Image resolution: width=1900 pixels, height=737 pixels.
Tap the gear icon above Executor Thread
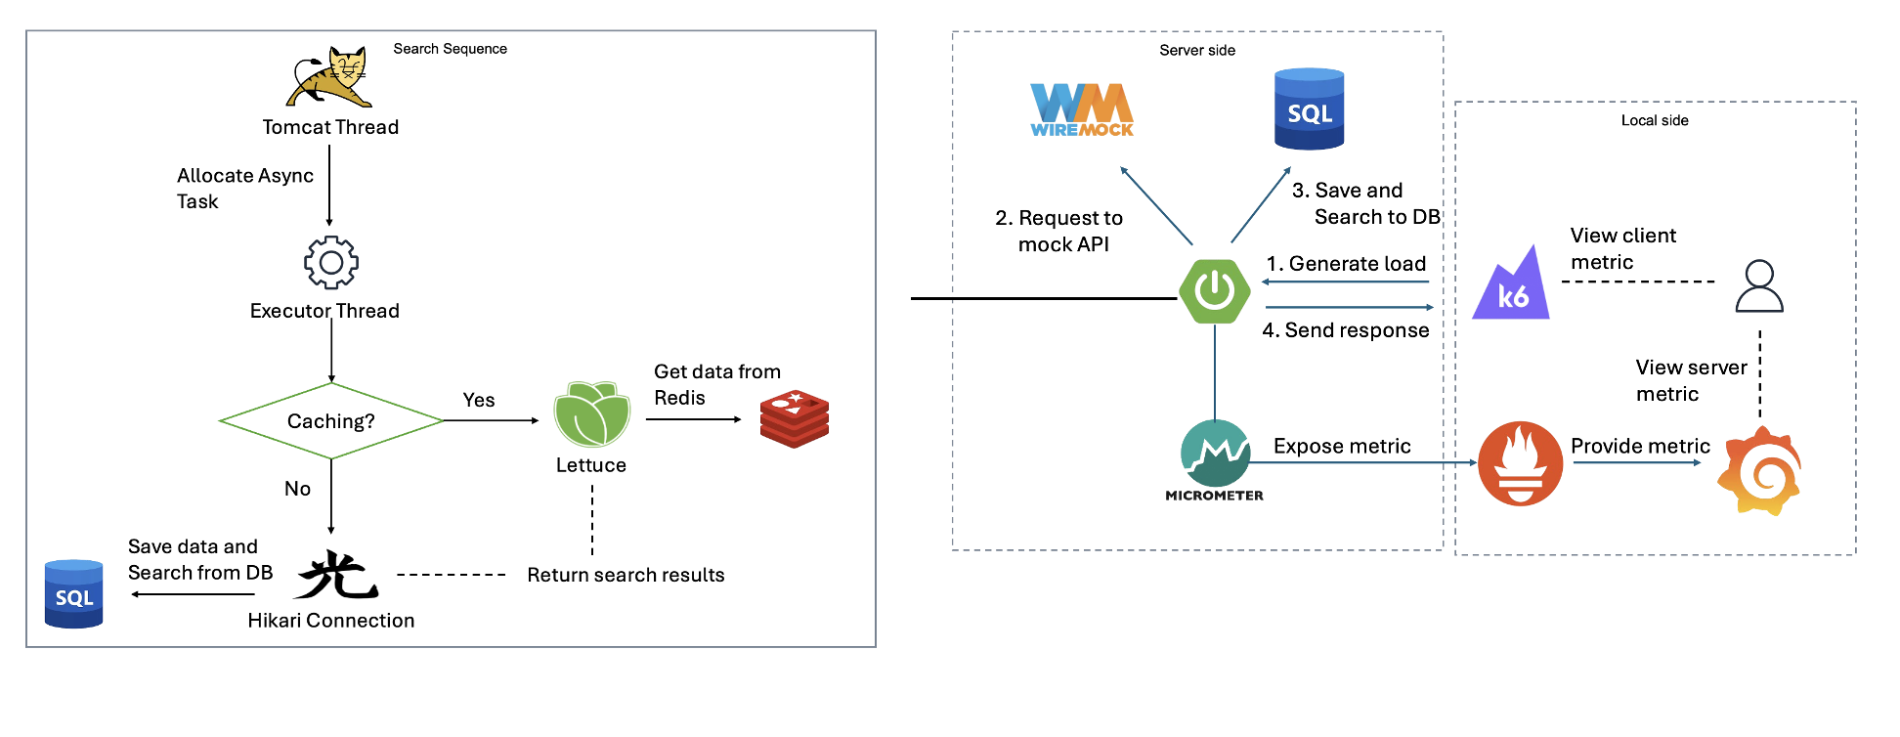(331, 262)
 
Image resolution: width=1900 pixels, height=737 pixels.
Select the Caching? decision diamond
(331, 421)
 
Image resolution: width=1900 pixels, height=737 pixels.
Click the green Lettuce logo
(591, 414)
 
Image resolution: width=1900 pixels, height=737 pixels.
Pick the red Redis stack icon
(794, 418)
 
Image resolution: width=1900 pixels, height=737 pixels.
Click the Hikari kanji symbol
(337, 575)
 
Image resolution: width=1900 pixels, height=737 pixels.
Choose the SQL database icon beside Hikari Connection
(74, 593)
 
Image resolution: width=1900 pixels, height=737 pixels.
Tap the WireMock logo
(1082, 109)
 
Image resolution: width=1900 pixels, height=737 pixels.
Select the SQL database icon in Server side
(1310, 109)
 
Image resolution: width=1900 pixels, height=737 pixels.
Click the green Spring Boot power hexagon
(1215, 290)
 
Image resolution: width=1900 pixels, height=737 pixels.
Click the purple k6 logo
(1511, 285)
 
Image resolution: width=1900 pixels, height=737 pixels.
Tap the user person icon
(1759, 285)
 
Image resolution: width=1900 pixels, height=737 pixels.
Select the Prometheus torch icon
(1520, 462)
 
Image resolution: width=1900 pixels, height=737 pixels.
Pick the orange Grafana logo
(1760, 471)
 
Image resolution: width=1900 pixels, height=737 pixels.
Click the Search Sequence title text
(450, 49)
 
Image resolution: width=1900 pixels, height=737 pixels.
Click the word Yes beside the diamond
(479, 400)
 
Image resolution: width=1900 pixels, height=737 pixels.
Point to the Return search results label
(626, 575)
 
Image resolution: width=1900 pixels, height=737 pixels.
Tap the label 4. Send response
(1346, 330)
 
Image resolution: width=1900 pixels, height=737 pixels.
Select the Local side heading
(1655, 120)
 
